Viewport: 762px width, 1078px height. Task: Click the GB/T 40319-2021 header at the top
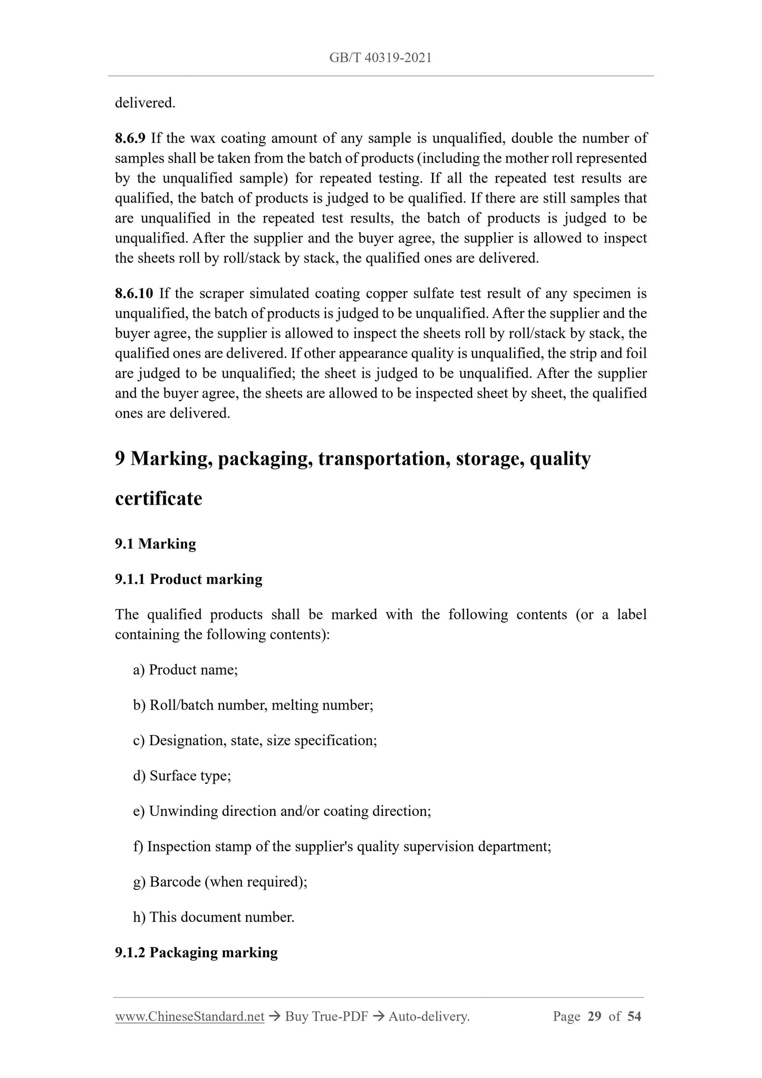380,58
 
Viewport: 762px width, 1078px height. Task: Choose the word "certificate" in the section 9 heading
158,498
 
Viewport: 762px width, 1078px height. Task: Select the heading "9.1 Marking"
155,544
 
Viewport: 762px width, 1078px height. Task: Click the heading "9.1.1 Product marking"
188,579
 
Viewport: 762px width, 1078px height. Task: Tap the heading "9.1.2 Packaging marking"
196,952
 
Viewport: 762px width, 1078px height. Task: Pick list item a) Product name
186,670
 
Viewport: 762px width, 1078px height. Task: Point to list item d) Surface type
182,776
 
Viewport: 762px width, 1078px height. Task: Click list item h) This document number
214,917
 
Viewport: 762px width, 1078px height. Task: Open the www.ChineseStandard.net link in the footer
189,1017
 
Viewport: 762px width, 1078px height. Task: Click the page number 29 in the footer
594,1017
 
